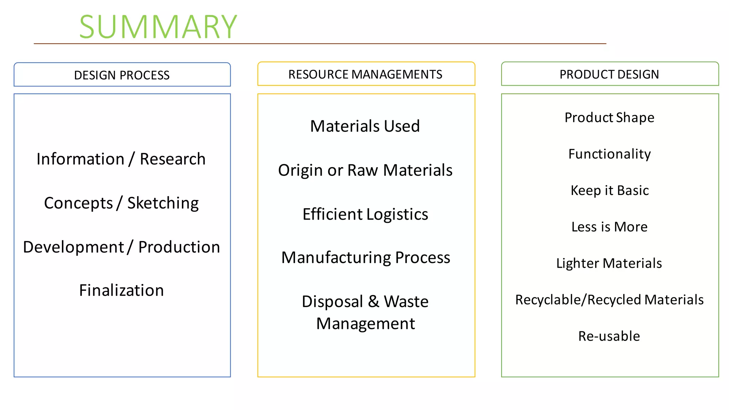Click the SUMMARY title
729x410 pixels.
coord(158,27)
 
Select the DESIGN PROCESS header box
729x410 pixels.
coord(122,75)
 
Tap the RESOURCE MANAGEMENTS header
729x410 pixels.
coord(366,74)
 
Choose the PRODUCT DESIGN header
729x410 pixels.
coord(609,74)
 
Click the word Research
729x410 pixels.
coord(173,159)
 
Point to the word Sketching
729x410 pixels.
coord(163,203)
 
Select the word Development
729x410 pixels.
coord(73,247)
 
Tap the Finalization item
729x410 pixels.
coord(121,290)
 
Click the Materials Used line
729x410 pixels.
coord(365,126)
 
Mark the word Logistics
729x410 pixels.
coord(397,214)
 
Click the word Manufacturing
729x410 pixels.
coord(336,258)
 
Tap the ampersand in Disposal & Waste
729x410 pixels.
coord(373,301)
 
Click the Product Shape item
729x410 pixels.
coord(609,117)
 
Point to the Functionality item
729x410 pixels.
coord(609,154)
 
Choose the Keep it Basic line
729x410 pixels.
coord(609,190)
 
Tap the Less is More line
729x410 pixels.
coord(609,227)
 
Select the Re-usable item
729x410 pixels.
coord(609,336)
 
